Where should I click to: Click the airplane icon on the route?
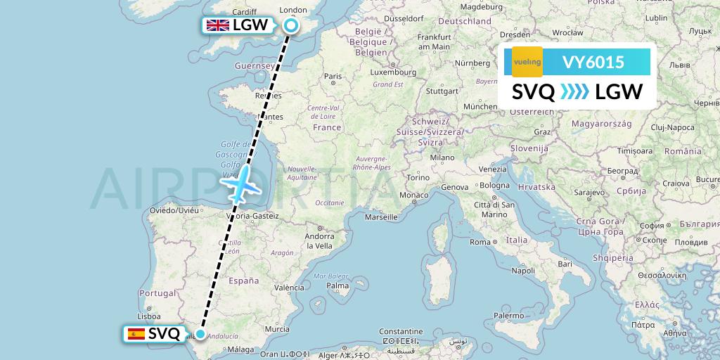[240, 185]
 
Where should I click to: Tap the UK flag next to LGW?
[217, 25]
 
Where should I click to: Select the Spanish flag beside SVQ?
[136, 334]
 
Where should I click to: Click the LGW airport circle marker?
[290, 26]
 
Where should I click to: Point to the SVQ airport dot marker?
[200, 334]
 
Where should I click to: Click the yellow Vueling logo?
[527, 62]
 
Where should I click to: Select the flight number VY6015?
[593, 63]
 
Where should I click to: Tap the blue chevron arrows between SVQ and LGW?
[574, 92]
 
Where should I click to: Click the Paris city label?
[333, 76]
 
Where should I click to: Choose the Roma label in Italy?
[480, 242]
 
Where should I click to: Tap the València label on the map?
[289, 288]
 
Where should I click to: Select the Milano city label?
[442, 157]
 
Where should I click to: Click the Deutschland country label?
[464, 21]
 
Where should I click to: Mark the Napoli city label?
[523, 270]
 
